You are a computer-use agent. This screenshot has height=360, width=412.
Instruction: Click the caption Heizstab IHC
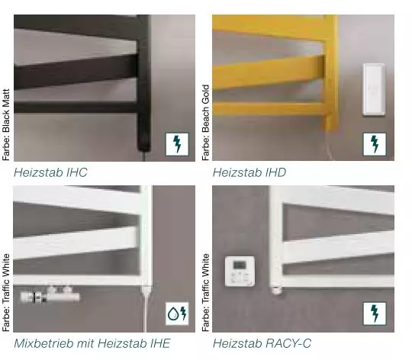[50, 172]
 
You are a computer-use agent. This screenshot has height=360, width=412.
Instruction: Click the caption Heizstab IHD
[249, 172]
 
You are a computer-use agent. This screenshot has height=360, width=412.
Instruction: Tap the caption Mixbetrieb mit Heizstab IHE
[92, 343]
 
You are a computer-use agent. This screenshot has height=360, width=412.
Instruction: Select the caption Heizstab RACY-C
[262, 343]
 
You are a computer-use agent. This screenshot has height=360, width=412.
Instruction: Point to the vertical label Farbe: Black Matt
[6, 125]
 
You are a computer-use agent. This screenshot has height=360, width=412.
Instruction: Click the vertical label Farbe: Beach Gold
[205, 123]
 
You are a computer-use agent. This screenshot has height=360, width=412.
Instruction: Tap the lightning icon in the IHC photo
[177, 144]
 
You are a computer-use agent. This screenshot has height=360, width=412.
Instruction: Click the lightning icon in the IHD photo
[375, 144]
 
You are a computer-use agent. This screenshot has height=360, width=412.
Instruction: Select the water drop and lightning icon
[177, 313]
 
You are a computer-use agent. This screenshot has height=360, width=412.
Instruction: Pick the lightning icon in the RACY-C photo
[375, 313]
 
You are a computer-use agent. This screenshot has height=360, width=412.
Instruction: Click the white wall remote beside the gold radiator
[374, 89]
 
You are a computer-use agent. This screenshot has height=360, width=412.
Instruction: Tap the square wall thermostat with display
[240, 272]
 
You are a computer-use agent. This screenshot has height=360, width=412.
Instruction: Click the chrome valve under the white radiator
[50, 294]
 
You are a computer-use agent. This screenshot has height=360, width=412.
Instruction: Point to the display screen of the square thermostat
[240, 265]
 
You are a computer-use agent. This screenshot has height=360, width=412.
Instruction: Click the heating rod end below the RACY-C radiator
[277, 290]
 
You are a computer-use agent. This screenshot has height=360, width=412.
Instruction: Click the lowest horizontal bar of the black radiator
[76, 108]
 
